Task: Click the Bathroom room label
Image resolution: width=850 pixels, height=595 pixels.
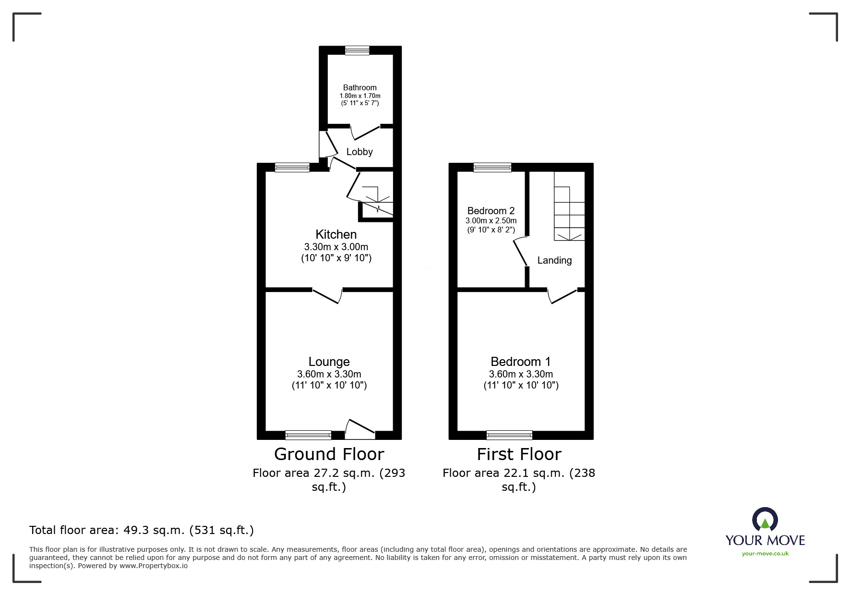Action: [x=359, y=87]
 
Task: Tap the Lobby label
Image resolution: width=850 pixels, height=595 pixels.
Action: [x=359, y=152]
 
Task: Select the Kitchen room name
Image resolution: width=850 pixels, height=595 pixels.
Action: [x=336, y=234]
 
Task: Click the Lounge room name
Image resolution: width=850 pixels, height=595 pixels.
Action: [x=329, y=362]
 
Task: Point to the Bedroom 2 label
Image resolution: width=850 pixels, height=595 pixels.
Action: [x=491, y=211]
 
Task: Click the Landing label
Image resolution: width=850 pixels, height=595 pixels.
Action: [x=554, y=260]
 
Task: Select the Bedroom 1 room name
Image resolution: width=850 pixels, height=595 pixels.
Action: [x=520, y=362]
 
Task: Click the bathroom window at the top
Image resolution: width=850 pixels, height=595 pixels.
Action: [x=357, y=50]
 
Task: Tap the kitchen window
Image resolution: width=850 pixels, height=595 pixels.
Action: [x=292, y=167]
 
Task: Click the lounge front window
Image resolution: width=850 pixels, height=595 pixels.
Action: [x=308, y=435]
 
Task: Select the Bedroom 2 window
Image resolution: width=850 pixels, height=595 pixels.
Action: [x=492, y=167]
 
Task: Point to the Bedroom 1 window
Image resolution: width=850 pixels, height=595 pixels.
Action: [x=509, y=435]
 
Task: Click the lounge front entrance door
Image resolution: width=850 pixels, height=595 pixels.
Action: [x=360, y=429]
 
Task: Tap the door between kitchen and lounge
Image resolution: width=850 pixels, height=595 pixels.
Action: [x=327, y=295]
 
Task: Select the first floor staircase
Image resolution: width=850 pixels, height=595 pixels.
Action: [x=569, y=206]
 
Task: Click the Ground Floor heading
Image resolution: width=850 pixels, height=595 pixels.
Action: [x=329, y=454]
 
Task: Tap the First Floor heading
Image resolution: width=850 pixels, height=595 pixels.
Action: [x=519, y=454]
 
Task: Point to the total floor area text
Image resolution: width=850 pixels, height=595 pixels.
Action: [x=142, y=530]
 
